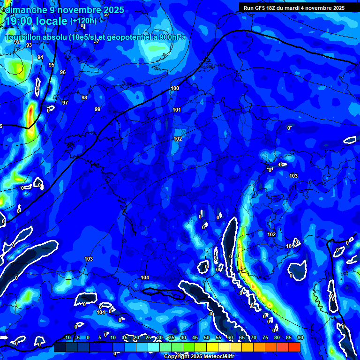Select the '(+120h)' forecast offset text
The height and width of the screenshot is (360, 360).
coord(83,21)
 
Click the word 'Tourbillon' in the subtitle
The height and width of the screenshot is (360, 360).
coord(24,37)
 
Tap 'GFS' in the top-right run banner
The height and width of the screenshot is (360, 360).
coord(260,8)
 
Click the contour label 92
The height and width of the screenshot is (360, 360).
coord(17,42)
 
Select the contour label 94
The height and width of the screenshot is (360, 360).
coord(40,57)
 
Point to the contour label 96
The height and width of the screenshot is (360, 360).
coord(63,72)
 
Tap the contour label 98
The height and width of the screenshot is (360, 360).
coord(84,97)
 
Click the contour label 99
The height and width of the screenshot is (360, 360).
coord(97,109)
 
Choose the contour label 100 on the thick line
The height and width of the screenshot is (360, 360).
coord(175,88)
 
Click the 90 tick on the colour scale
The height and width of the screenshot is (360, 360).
coord(300,337)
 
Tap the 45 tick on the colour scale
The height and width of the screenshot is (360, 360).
coord(195,337)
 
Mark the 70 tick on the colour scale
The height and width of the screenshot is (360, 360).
coord(254,337)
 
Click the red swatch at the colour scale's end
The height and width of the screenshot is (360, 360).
coord(294,347)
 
